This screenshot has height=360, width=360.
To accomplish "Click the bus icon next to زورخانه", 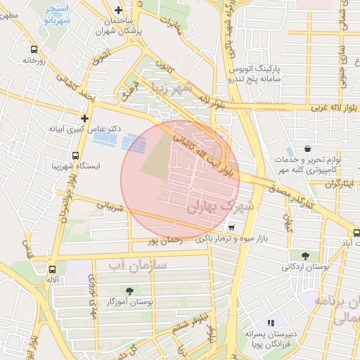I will click(34, 50).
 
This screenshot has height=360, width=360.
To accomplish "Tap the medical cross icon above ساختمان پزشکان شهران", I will click(117, 10).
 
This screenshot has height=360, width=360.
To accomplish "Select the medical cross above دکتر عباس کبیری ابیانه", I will click(84, 118).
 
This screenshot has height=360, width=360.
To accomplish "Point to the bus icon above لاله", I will click(52, 269).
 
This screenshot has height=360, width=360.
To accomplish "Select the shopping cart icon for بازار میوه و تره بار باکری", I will click(231, 228).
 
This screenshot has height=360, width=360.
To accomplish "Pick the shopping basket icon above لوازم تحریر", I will click(308, 149).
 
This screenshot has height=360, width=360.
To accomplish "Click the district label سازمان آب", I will click(137, 265).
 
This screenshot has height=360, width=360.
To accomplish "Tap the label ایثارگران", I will click(340, 184).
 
